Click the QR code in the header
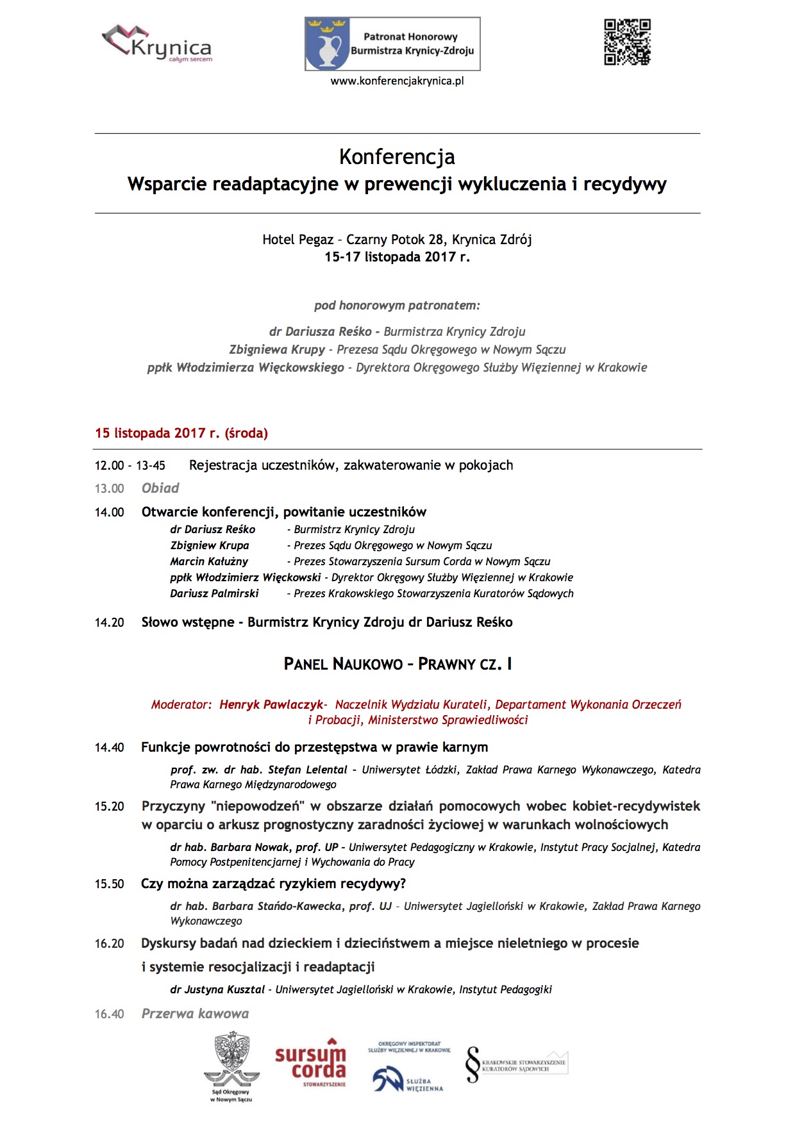pyautogui.click(x=627, y=42)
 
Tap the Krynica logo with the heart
pyautogui.click(x=157, y=44)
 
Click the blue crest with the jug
pyautogui.click(x=327, y=44)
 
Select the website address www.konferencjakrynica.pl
pyautogui.click(x=397, y=81)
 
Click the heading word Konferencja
pyautogui.click(x=397, y=157)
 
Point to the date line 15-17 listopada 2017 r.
pyautogui.click(x=397, y=257)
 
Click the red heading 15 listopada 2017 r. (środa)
pyautogui.click(x=181, y=433)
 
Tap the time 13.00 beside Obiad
pyautogui.click(x=110, y=489)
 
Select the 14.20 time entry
pyautogui.click(x=110, y=623)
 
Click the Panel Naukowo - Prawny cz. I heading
pyautogui.click(x=397, y=664)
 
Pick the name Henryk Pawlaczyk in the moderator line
pyautogui.click(x=271, y=705)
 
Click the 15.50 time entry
pyautogui.click(x=110, y=884)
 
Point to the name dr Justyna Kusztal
pyautogui.click(x=217, y=990)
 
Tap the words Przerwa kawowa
pyautogui.click(x=195, y=1014)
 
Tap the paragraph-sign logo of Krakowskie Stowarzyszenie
pyautogui.click(x=473, y=1064)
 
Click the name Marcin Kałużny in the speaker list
pyautogui.click(x=209, y=562)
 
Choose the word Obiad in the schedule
pyautogui.click(x=160, y=488)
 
